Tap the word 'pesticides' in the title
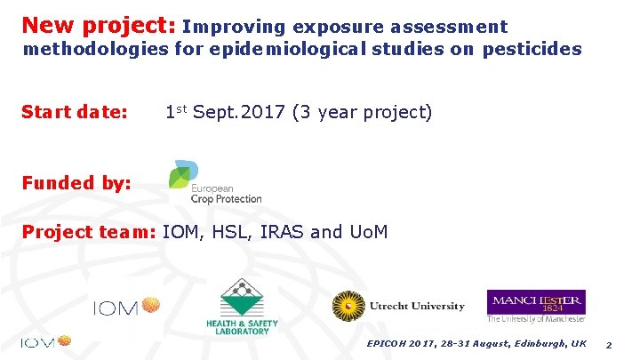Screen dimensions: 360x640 [x=532, y=49]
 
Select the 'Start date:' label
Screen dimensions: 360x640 [x=75, y=113]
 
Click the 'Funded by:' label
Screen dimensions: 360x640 [x=76, y=183]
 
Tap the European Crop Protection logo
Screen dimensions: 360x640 [x=214, y=182]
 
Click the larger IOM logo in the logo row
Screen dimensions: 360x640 [x=126, y=307]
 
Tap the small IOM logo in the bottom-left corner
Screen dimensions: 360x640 [x=44, y=342]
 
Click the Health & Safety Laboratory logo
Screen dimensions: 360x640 [x=242, y=307]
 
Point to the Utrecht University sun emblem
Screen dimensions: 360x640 [x=348, y=307]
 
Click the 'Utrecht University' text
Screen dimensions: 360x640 [x=416, y=307]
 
